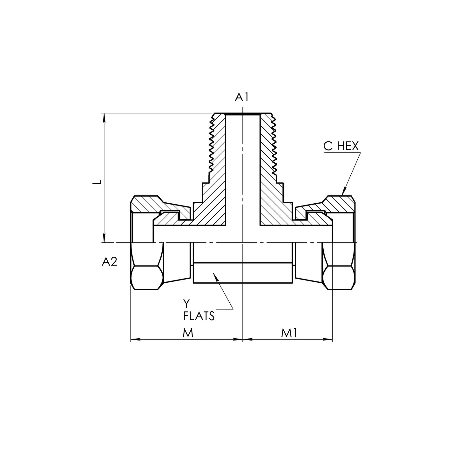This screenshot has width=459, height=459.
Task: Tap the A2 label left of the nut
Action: (110, 262)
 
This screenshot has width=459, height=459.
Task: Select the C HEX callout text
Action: (341, 146)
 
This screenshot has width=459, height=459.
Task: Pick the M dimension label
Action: (188, 333)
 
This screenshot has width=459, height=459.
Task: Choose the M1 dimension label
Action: (289, 333)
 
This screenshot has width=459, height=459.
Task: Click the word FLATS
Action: (199, 316)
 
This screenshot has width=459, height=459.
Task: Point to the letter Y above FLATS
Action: (186, 304)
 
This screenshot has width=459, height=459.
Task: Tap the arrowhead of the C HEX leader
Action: (344, 191)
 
